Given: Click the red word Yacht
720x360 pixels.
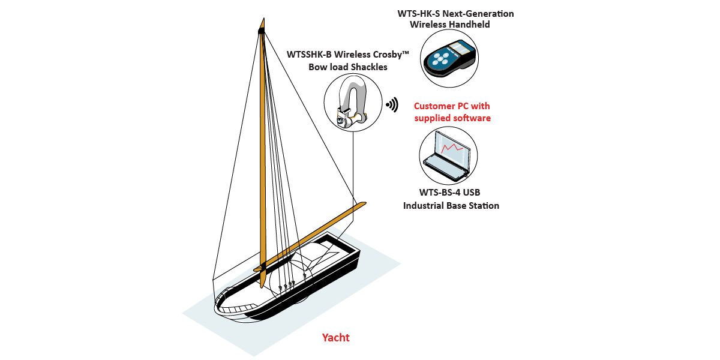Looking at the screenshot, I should coord(335,338).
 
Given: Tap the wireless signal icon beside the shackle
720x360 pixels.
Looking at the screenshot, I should coord(392,105).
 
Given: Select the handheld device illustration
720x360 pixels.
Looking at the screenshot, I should coord(449,58).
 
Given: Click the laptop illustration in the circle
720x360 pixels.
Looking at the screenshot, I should coord(447,155).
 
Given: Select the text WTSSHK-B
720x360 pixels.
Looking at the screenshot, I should coord(310,55).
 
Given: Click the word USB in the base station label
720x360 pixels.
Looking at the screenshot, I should coord(472,193).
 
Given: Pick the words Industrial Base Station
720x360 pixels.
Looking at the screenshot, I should coord(451,206).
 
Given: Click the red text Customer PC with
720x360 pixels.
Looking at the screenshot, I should coord(452,106).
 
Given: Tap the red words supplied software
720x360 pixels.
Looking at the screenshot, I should coord(452,118).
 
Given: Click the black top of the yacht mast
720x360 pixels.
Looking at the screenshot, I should coord(261,28).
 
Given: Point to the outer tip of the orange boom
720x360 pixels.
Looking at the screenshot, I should coord(362,205).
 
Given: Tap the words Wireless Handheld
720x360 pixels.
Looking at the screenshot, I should coord(449,25).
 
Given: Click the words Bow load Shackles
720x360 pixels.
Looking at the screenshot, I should coord(348,67).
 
